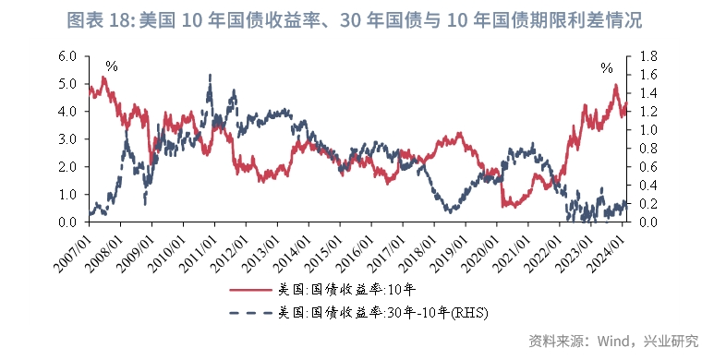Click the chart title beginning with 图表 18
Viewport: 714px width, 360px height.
[357, 19]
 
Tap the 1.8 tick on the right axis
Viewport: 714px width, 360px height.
[647, 55]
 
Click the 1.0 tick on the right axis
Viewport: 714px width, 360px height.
[647, 129]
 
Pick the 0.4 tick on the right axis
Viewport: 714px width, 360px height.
[647, 185]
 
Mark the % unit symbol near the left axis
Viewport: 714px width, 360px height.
[111, 66]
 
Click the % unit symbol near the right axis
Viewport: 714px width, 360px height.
[606, 68]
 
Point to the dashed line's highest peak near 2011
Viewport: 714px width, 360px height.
[211, 76]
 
